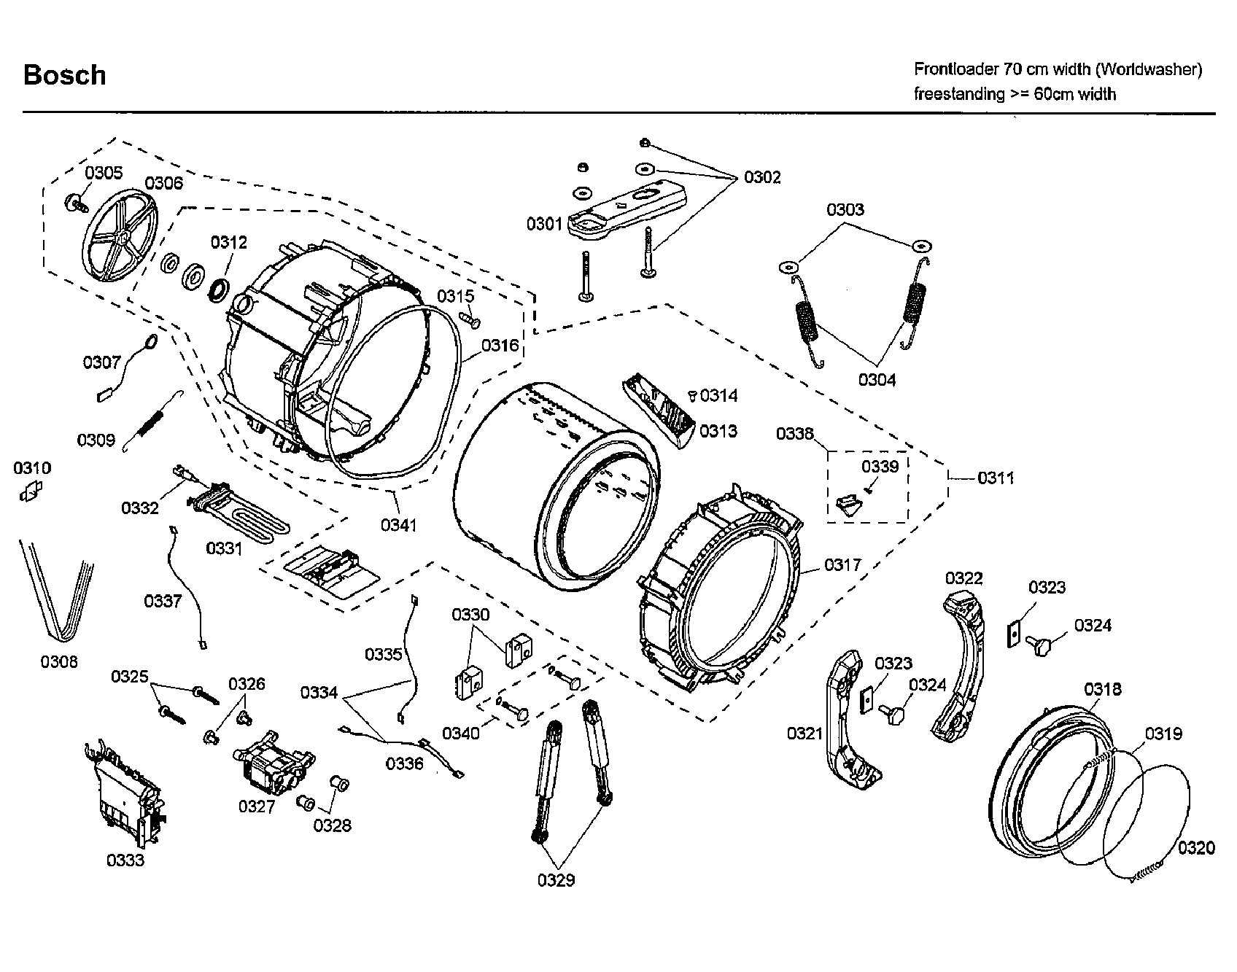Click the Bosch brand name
(x=64, y=75)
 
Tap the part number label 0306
(x=163, y=182)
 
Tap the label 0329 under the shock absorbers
(x=556, y=880)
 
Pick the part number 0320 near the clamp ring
(x=1196, y=847)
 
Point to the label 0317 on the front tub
(x=842, y=564)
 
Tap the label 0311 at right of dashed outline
(x=996, y=478)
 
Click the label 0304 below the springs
(x=877, y=379)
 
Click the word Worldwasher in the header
(x=1150, y=69)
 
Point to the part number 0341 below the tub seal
(x=398, y=524)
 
